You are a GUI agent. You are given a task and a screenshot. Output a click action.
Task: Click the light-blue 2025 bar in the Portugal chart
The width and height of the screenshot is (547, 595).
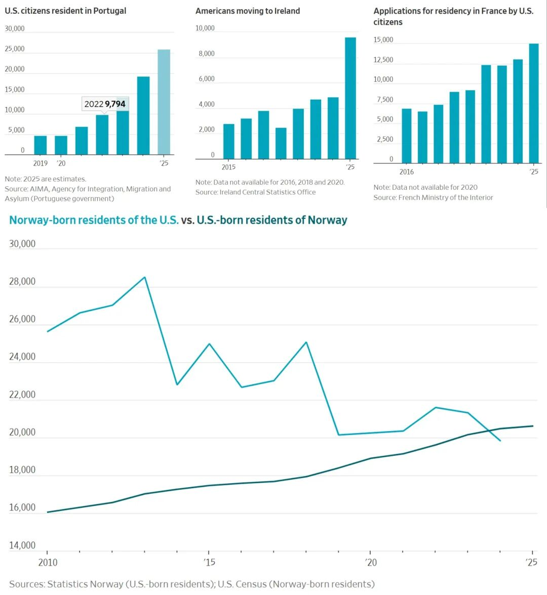coord(164,102)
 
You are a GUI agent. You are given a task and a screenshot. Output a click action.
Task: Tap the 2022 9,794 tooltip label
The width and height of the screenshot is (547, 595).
coord(105,104)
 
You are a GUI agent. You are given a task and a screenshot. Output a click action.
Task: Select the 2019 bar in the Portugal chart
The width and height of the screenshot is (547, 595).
coord(41,145)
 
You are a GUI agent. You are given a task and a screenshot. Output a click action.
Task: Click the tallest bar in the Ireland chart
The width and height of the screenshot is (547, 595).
coord(350,98)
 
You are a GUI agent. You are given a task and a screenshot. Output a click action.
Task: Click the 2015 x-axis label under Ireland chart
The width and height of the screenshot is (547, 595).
coord(228,167)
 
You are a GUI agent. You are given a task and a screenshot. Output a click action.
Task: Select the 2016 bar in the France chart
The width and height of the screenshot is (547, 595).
coord(407,136)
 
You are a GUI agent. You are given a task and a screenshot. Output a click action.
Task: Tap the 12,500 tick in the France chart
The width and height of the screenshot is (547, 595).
coord(383,60)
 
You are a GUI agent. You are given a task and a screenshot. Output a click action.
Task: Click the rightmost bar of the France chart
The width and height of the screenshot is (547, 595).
coord(534,103)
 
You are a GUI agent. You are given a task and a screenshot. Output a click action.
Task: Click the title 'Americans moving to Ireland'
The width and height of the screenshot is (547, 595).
coord(248,11)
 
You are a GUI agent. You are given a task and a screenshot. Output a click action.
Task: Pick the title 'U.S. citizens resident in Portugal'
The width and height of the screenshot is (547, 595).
coord(65,11)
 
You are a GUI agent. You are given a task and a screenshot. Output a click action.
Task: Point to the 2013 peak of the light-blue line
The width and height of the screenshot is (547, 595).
coord(145,277)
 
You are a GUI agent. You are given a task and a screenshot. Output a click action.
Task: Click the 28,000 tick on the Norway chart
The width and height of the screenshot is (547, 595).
coord(22,281)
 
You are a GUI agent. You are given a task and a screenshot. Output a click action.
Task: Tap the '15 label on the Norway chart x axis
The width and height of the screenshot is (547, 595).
coord(209,562)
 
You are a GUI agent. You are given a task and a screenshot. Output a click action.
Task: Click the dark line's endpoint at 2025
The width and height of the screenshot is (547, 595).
coord(533,426)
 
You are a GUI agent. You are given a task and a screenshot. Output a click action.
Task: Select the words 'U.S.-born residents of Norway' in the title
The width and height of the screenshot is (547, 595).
coord(272,220)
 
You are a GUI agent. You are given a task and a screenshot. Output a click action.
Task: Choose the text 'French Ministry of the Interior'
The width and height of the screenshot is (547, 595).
coord(446,197)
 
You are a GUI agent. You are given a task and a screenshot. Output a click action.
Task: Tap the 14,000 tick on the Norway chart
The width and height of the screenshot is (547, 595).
coord(22,545)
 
